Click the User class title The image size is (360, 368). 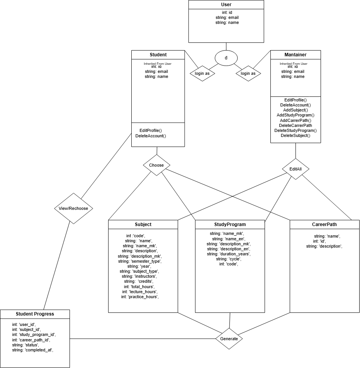click(226, 5)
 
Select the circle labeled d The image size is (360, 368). click(226, 58)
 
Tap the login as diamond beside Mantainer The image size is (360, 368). click(248, 73)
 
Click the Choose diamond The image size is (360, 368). click(156, 165)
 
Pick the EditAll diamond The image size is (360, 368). click(295, 169)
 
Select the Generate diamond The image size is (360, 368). click(229, 339)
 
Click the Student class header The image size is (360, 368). click(158, 54)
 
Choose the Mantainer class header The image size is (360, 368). click(295, 54)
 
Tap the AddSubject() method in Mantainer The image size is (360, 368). click(295, 110)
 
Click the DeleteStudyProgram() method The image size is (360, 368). click(295, 130)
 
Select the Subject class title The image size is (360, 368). click(143, 224)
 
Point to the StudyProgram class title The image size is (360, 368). click(230, 224)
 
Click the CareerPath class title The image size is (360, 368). click(324, 224)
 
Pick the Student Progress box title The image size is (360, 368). click(35, 314)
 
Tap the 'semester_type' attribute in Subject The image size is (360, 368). click(139, 261)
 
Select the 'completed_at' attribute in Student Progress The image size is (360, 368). click(32, 350)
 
